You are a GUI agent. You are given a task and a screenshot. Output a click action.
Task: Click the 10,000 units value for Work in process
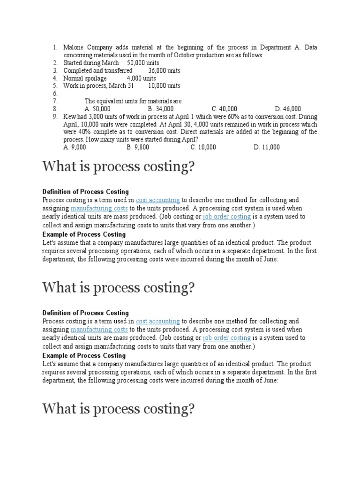164,86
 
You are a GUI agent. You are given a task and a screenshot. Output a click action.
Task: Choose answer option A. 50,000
97,109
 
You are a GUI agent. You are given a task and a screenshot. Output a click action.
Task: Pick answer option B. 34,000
161,109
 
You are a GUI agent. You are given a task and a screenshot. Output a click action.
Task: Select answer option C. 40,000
225,109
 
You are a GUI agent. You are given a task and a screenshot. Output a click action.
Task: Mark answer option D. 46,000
288,109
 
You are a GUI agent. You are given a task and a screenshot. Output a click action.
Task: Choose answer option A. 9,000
75,147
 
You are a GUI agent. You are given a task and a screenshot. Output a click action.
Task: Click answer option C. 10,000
203,147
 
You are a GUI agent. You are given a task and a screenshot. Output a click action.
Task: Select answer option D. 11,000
267,147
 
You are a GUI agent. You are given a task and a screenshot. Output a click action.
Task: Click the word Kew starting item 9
69,117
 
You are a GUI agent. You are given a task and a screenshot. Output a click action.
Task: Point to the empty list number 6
55,93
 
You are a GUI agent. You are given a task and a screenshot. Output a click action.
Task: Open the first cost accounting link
158,200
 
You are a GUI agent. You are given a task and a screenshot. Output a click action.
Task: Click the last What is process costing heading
118,409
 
